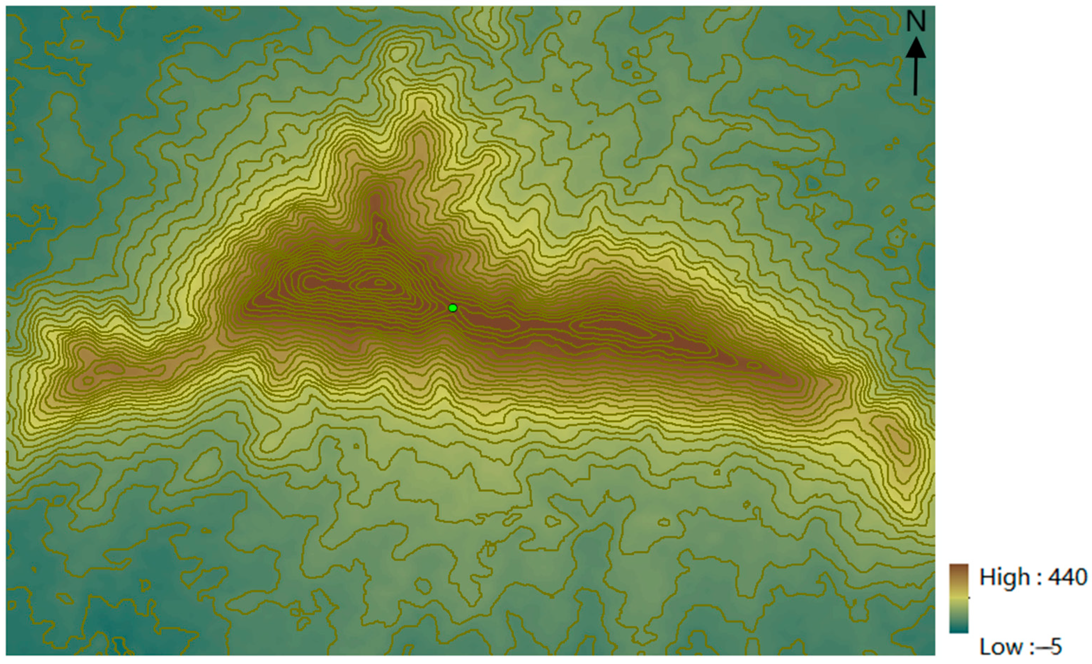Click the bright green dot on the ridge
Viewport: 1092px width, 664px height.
click(453, 308)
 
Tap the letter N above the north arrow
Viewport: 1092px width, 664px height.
click(915, 22)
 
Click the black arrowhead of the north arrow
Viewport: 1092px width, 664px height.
click(915, 48)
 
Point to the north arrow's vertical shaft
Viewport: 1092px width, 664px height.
click(915, 77)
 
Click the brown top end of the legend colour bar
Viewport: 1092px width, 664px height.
click(959, 570)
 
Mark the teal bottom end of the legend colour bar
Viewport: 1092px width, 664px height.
click(959, 628)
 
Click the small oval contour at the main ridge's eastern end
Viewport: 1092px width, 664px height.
click(753, 365)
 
